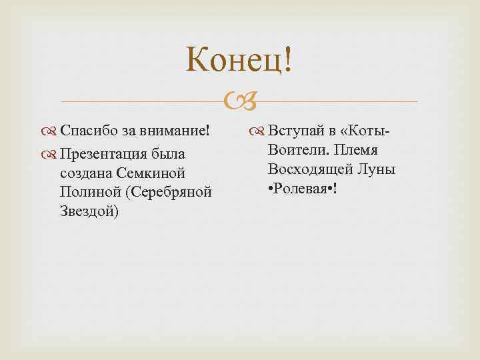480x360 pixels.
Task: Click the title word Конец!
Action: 239,61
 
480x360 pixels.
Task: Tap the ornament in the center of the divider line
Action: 239,102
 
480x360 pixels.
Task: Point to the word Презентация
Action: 107,154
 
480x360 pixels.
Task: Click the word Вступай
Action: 295,129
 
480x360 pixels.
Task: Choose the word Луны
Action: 378,169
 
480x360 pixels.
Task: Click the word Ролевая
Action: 303,189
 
